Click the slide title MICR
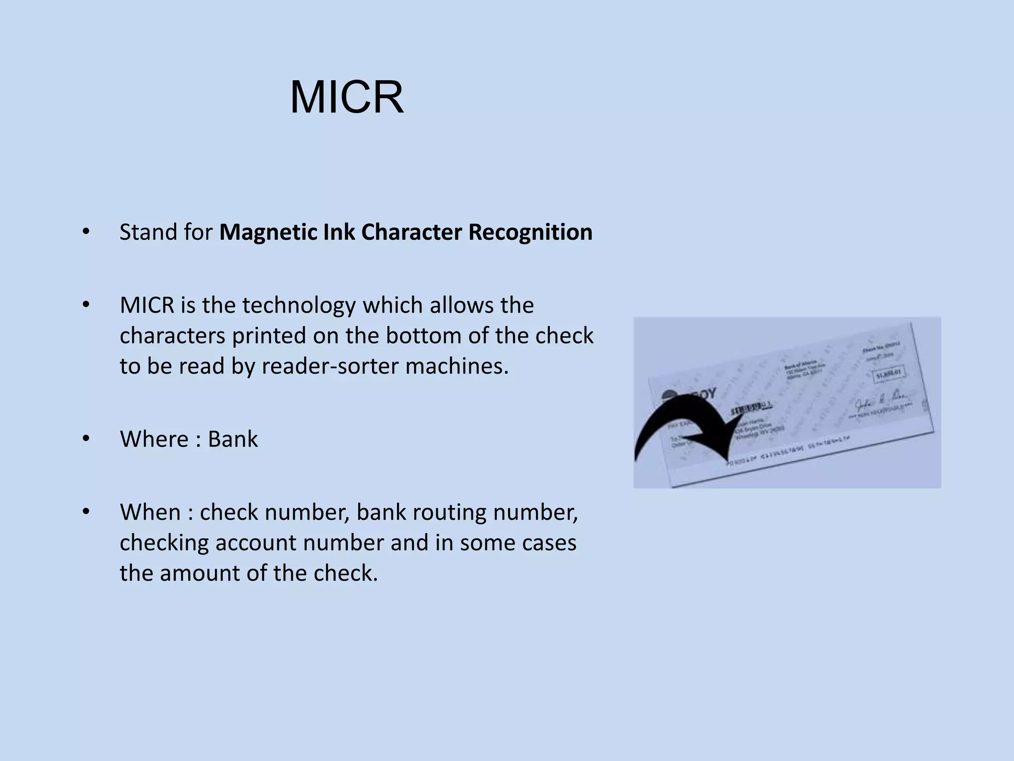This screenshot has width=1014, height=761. coord(347,98)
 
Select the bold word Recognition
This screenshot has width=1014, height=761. coord(530,232)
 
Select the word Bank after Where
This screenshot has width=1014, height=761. coord(233,439)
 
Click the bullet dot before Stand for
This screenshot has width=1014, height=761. coord(86,232)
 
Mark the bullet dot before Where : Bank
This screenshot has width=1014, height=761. coord(86,439)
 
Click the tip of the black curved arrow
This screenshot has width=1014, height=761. coord(727,463)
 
